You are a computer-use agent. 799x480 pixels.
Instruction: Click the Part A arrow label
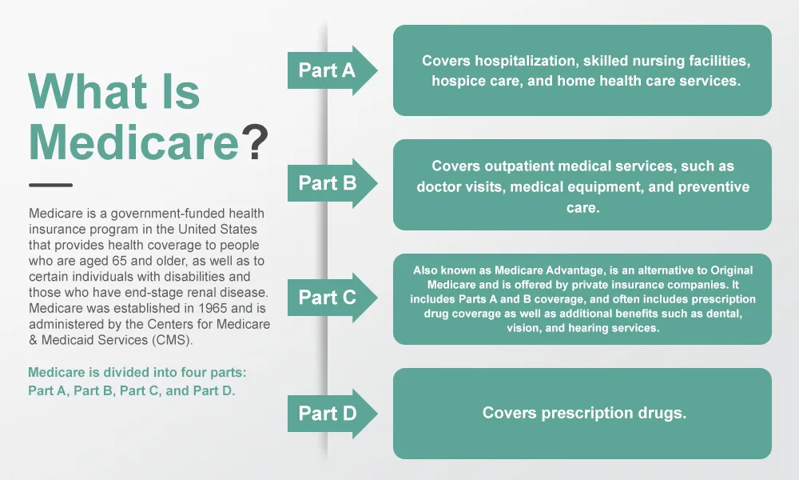click(327, 70)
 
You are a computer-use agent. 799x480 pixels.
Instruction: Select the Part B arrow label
click(327, 183)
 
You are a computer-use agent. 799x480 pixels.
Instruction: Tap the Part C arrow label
click(327, 298)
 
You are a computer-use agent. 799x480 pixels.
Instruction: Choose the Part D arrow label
click(327, 413)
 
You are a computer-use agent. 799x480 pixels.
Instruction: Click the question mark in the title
click(254, 142)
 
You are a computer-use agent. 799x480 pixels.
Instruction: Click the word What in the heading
click(87, 92)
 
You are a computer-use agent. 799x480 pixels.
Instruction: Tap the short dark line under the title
click(50, 185)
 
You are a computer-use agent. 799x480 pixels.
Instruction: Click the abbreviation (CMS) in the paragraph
click(173, 340)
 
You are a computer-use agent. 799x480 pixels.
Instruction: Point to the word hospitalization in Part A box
click(527, 62)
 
